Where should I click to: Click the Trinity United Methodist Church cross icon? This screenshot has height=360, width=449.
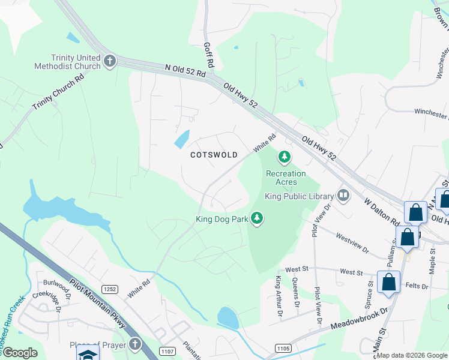tap(109, 61)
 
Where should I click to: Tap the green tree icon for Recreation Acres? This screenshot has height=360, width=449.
tap(284, 158)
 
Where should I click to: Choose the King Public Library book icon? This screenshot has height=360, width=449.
tap(343, 195)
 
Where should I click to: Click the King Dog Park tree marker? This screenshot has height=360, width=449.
tap(257, 218)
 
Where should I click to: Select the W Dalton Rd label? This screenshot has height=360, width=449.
tap(382, 209)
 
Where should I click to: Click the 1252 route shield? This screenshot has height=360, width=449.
tap(110, 289)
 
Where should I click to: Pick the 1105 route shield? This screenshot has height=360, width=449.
tap(284, 348)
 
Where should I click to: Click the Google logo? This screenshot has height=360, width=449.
tap(19, 353)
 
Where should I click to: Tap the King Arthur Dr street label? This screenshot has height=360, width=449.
tap(279, 296)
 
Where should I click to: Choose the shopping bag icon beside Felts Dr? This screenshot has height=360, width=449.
tap(388, 282)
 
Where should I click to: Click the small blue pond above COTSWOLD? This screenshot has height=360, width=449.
tap(181, 139)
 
